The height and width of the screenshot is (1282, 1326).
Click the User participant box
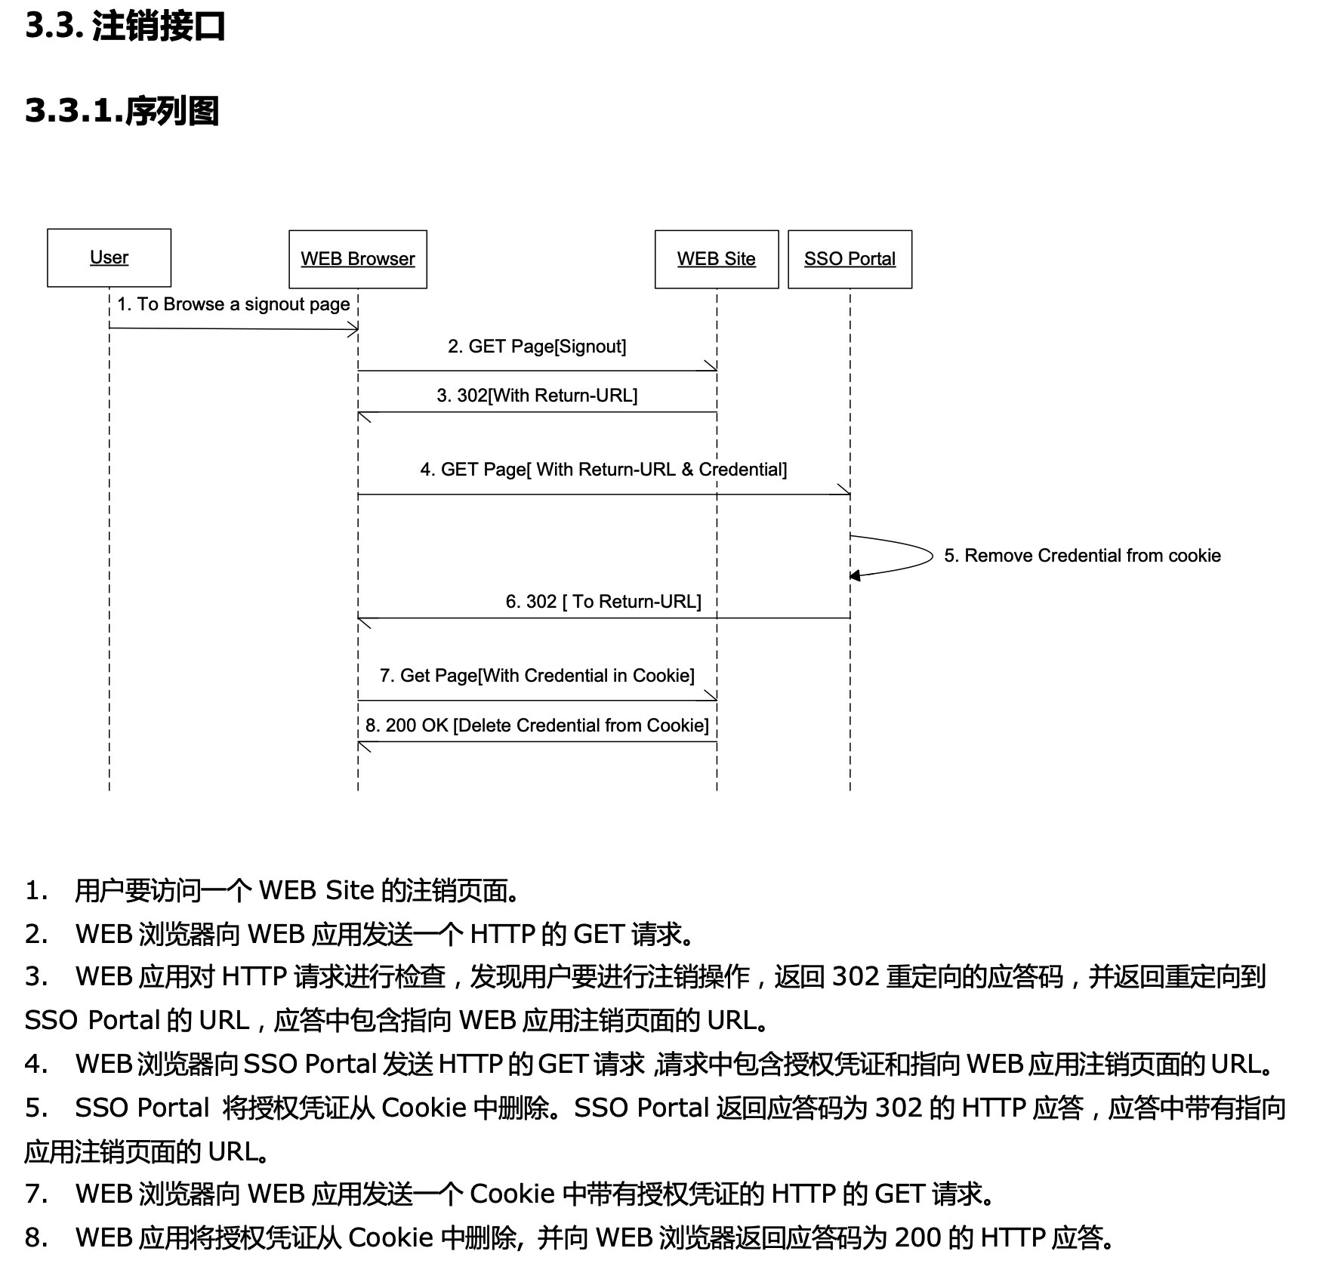pos(109,257)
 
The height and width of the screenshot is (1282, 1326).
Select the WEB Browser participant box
pos(358,259)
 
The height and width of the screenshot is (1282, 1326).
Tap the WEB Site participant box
pos(716,259)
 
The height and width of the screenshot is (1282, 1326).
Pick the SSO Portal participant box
pos(850,259)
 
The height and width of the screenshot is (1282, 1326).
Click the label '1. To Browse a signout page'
pos(233,304)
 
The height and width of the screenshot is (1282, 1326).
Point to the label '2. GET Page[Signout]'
pos(537,347)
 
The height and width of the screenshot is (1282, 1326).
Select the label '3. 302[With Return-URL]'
pos(537,396)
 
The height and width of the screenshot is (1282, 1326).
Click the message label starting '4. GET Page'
pos(603,470)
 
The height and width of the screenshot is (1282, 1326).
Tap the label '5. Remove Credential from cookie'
pos(1082,556)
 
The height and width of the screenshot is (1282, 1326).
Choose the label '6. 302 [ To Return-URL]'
pos(603,602)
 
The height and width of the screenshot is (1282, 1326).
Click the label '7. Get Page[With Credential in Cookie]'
pos(537,676)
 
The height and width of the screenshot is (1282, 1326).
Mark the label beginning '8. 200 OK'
pos(537,726)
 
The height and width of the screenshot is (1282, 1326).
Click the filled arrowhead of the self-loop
pos(855,576)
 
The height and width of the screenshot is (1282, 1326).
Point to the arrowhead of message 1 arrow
pos(353,329)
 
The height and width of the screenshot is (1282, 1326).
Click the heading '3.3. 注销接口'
pos(125,26)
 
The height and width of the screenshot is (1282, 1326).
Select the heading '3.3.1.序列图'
pos(122,111)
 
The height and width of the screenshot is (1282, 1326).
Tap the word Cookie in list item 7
pos(513,1194)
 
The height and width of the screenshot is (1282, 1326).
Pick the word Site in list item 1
pos(350,891)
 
